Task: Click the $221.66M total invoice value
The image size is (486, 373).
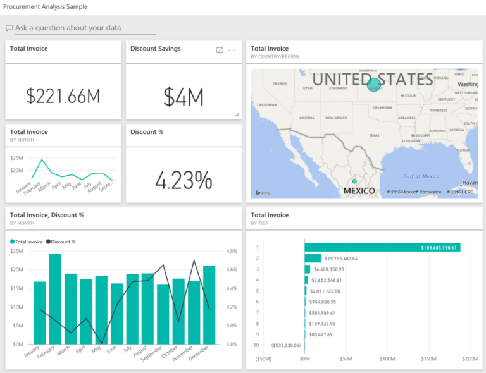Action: [63, 96]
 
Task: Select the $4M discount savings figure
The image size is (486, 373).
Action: [184, 97]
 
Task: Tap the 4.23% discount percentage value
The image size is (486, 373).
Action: [184, 180]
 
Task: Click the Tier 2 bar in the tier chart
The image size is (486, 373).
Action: [313, 258]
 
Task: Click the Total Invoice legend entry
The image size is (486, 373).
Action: [27, 242]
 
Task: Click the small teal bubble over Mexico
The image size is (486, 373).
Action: [354, 181]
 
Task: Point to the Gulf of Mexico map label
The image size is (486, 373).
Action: [421, 176]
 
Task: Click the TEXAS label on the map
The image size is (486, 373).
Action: [374, 135]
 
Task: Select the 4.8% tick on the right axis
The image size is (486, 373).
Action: [231, 251]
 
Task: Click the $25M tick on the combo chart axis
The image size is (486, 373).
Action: [17, 251]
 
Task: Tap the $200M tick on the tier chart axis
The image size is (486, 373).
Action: [470, 359]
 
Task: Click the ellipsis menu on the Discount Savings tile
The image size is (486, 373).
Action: [232, 50]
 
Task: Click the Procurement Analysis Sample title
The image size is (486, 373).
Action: [46, 6]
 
